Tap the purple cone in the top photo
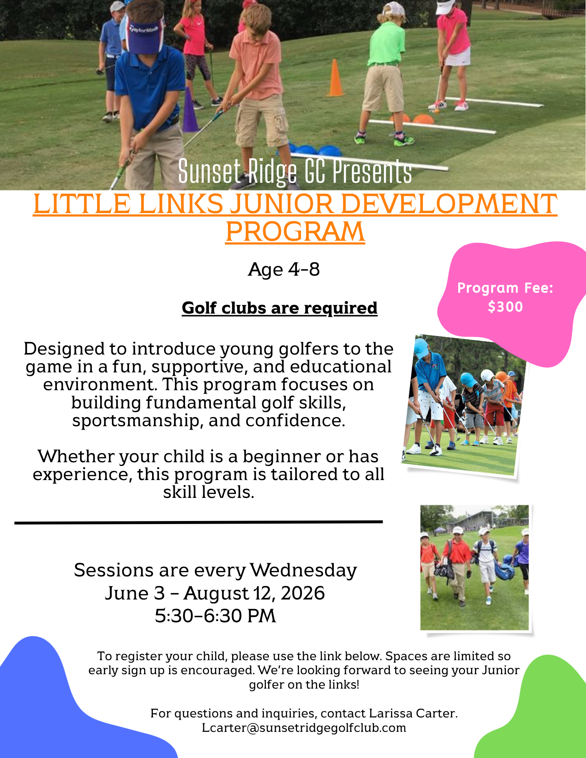pos(190,110)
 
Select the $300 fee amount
pos(505,306)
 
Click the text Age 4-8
pos(284,269)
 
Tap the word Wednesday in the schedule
pos(303,570)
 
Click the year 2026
pos(303,593)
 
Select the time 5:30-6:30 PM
pos(215,615)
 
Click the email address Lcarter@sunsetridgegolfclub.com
pos(304,728)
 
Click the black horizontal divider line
pos(198,522)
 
